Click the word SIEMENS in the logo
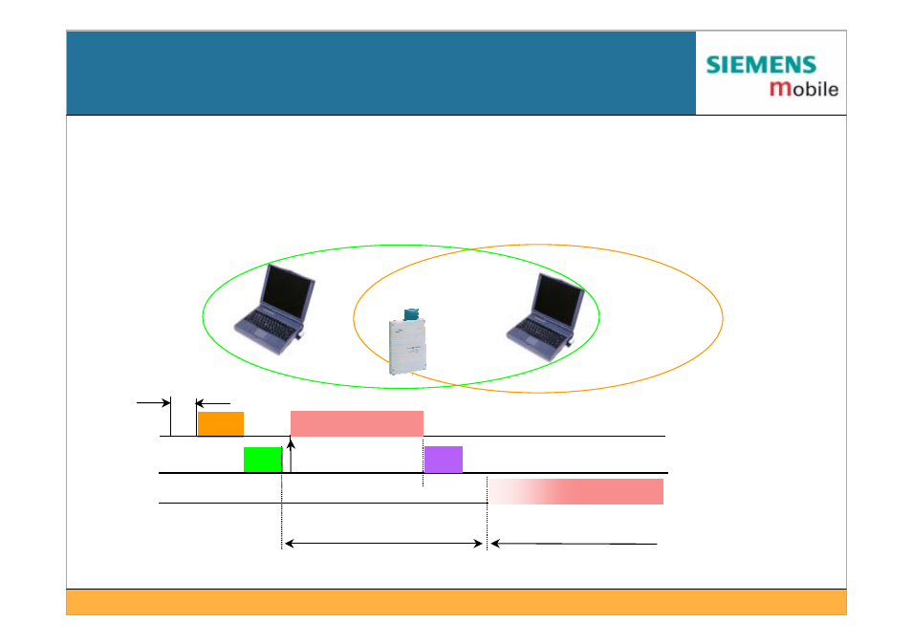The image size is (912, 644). (761, 65)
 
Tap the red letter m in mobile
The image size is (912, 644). (780, 88)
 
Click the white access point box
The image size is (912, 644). (407, 347)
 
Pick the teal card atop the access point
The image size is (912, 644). (412, 313)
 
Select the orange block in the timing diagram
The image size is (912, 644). (221, 423)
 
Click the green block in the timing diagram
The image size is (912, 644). (263, 460)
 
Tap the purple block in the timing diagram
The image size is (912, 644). (444, 460)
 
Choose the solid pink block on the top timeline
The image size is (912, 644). (357, 423)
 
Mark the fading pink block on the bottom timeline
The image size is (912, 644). (575, 491)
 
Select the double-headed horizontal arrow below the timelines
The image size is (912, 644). (384, 544)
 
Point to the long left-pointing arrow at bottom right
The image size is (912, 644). (575, 544)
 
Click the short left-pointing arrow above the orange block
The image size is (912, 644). (213, 403)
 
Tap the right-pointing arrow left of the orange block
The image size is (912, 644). (154, 402)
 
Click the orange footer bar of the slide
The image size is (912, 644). (456, 602)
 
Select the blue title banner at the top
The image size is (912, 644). (381, 73)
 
